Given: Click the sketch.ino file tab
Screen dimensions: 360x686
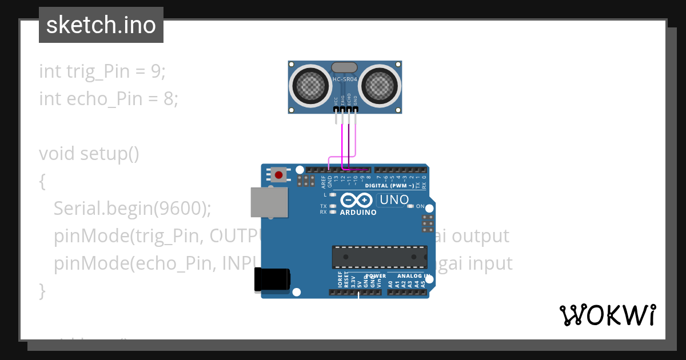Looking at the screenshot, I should (x=101, y=25).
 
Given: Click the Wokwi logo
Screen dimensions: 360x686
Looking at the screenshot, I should (x=607, y=315).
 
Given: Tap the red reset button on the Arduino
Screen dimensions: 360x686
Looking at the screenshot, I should (x=279, y=175).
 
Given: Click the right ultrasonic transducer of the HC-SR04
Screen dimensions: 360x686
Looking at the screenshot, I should (x=380, y=86).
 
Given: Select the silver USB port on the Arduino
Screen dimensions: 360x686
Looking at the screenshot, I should (x=269, y=202).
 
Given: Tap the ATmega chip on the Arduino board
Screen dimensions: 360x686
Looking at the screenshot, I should (x=380, y=257).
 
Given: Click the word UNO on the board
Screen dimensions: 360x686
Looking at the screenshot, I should (x=394, y=200).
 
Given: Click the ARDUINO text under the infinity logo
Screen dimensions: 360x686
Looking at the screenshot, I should (x=358, y=213).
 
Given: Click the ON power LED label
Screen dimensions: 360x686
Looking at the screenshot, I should (x=420, y=206).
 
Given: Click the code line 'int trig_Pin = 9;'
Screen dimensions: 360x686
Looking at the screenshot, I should (x=102, y=71).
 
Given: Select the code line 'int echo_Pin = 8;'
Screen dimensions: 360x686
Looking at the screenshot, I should (x=109, y=99).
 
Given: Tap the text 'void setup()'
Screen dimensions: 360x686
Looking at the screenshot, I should (x=89, y=154).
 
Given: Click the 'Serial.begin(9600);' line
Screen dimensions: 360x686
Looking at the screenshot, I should (x=133, y=209).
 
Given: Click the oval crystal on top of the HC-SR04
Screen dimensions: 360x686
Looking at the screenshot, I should (x=344, y=68).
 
